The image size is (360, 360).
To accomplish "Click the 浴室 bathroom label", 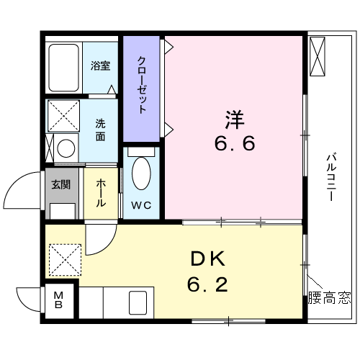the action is (x=101, y=66).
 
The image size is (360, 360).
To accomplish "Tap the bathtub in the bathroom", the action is (x=64, y=68).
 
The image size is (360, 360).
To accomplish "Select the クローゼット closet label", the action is (x=142, y=84).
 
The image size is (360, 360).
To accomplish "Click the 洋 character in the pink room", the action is (x=235, y=120).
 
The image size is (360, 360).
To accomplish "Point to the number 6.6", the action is (x=235, y=143).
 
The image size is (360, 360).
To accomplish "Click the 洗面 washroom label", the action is (x=100, y=130).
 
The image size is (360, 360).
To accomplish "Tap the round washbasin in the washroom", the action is (x=66, y=148).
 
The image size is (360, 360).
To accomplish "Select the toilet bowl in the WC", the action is (x=141, y=174).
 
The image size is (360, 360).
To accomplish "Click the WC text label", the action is (x=141, y=205).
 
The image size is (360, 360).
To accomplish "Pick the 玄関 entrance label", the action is (x=61, y=184).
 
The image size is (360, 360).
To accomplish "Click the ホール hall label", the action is (x=101, y=193).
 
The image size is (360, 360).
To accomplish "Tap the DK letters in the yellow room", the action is (x=208, y=258).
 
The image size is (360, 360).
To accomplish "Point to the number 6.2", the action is (x=207, y=284).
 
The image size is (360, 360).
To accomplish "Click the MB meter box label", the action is (x=58, y=300).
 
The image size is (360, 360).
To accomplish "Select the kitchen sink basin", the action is (x=138, y=303).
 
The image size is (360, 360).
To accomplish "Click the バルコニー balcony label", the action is (x=331, y=177).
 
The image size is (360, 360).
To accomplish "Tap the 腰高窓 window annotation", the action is (x=330, y=298).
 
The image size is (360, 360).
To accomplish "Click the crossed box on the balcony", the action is (x=318, y=56).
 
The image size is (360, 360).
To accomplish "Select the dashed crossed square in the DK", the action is (x=66, y=260).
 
